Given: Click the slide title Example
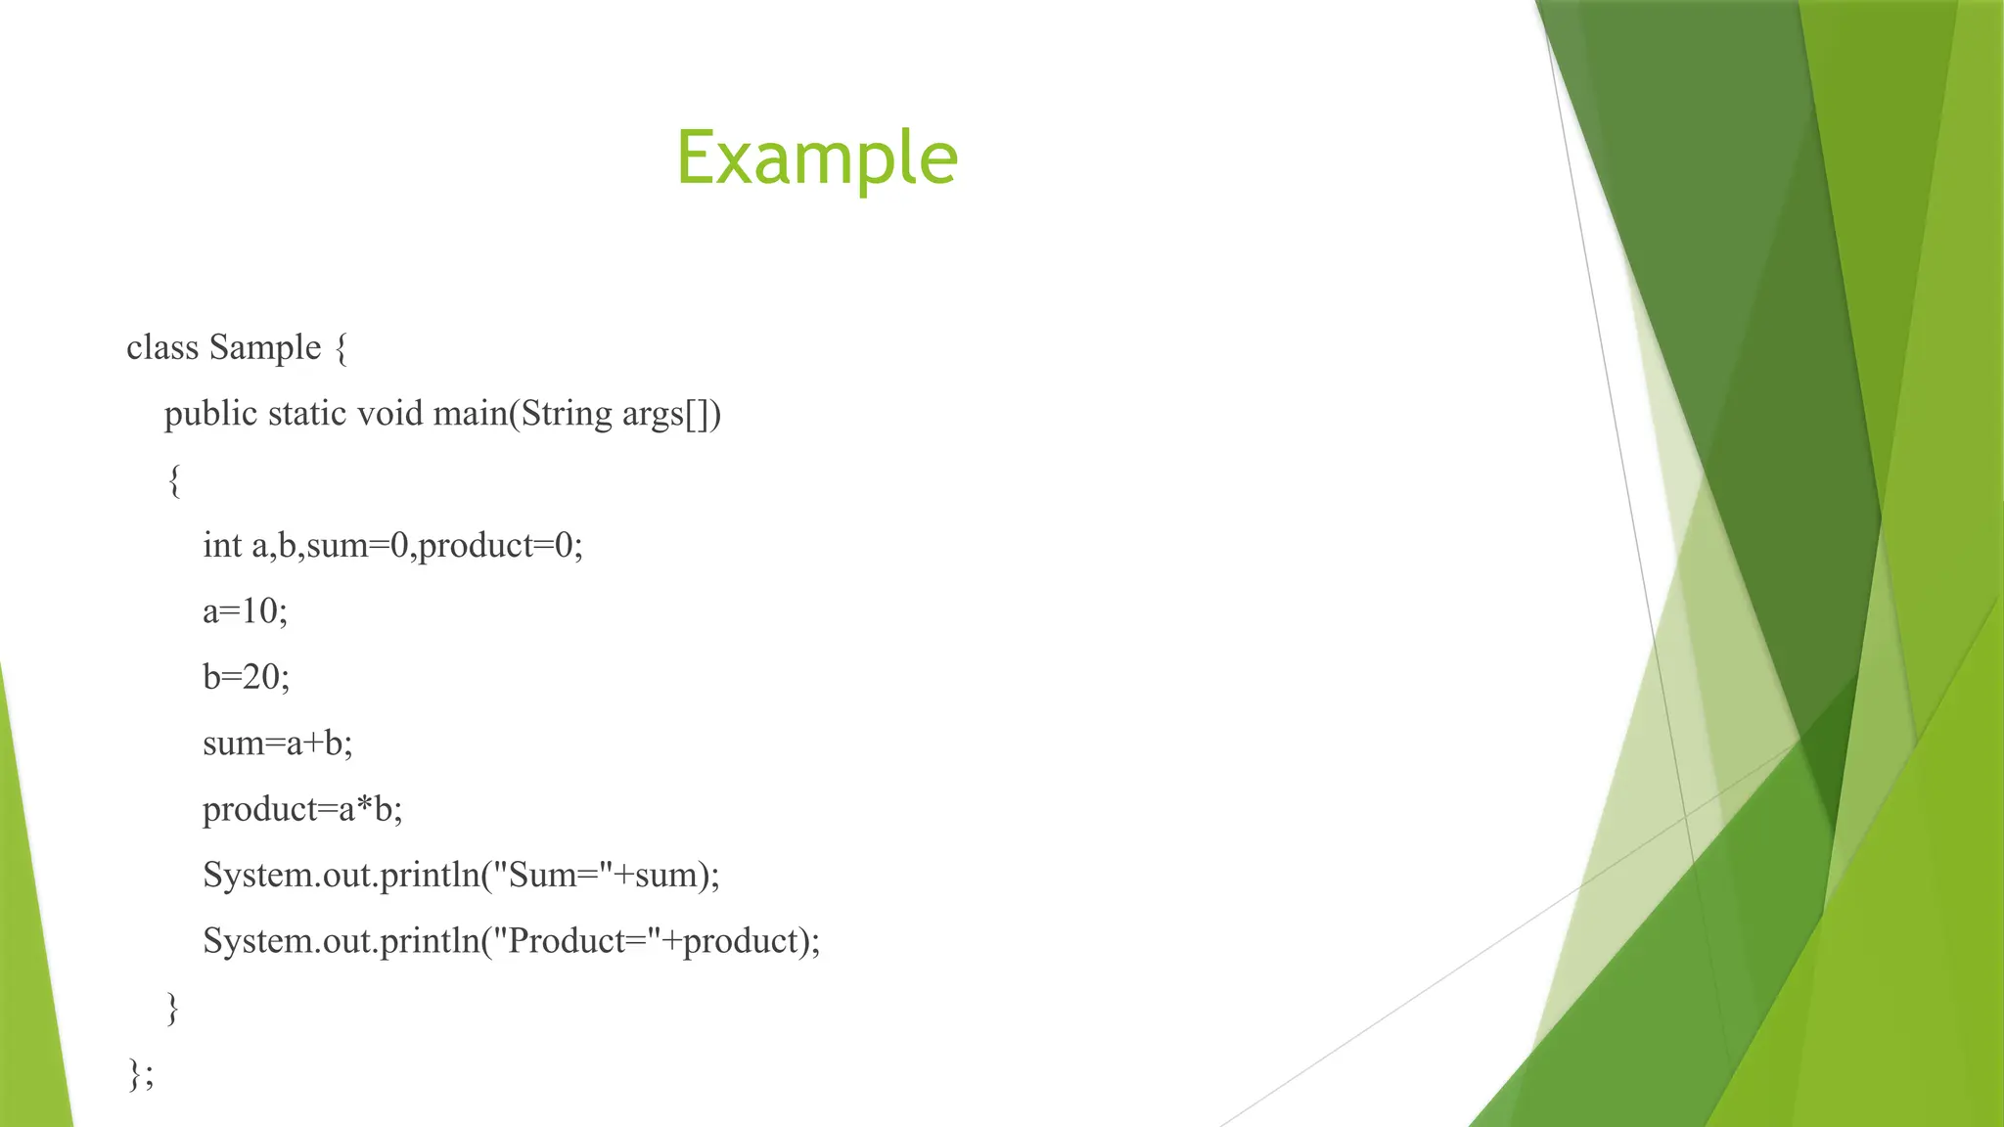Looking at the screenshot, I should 816,158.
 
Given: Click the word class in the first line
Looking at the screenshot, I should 162,347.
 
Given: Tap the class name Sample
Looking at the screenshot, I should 264,347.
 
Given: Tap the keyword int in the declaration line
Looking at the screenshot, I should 222,545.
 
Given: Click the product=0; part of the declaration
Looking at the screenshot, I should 500,545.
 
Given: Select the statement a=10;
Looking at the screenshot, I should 245,611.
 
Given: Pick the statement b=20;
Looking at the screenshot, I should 246,677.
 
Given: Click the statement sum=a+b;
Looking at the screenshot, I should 277,744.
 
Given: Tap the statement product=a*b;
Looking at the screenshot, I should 302,809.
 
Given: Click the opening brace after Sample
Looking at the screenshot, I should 341,348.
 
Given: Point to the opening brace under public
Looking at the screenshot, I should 174,480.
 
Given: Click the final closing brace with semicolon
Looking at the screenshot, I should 140,1073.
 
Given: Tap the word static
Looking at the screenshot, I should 307,414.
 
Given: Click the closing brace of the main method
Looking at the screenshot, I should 173,1008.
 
